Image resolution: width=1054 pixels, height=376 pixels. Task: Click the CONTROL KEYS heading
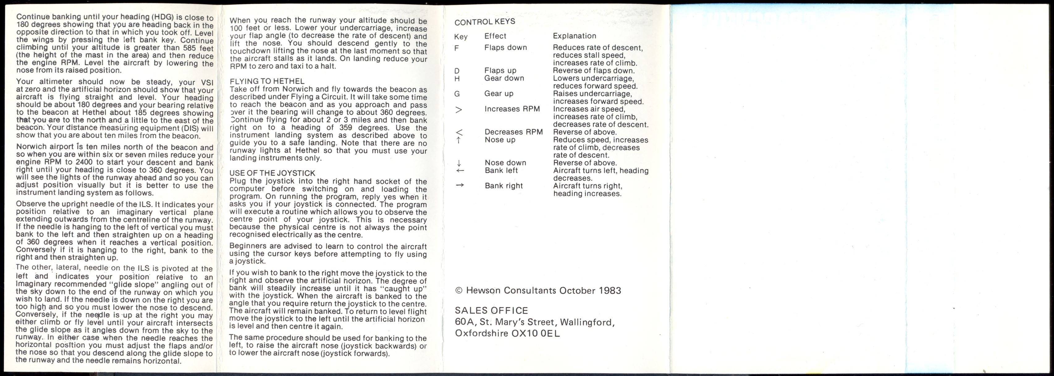[485, 22]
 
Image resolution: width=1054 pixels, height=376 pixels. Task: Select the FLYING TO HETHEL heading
[267, 81]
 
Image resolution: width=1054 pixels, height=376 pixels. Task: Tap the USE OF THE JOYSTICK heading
[272, 173]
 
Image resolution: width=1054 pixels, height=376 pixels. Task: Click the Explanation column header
[575, 36]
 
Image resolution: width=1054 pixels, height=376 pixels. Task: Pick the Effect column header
[495, 36]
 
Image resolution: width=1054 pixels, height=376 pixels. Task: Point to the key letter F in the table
[457, 48]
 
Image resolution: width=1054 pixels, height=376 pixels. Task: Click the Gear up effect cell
[499, 93]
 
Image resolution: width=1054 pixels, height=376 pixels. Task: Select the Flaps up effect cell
[500, 70]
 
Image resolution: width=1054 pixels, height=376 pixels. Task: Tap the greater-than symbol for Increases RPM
[459, 110]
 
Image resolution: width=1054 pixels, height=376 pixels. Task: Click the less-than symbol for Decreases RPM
[459, 132]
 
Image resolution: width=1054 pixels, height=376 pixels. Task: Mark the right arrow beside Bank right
[460, 185]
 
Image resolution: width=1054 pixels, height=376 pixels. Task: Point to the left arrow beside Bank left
[460, 170]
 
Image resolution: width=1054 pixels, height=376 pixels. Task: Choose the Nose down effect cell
[505, 163]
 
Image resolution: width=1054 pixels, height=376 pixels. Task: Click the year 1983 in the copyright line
[610, 291]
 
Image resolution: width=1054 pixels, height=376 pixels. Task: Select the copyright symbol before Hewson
[459, 291]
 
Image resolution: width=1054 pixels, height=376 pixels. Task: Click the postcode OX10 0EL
[536, 333]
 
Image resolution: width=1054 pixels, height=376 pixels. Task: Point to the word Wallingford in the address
[587, 322]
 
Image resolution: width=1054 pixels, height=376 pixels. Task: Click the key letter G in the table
[457, 94]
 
